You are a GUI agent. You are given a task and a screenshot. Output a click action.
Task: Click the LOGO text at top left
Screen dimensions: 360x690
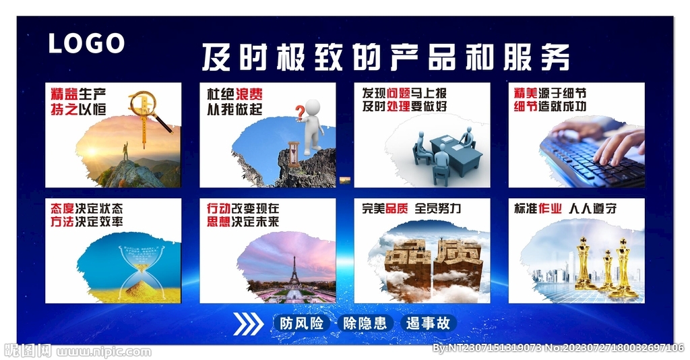click(86, 43)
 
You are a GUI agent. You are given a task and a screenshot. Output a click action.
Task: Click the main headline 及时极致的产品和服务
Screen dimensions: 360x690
click(385, 57)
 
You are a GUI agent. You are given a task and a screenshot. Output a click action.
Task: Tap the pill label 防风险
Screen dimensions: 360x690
click(301, 324)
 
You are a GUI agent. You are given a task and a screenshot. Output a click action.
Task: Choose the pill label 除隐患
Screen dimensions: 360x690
click(365, 324)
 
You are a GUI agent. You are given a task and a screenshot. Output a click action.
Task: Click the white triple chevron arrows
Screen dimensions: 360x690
click(248, 324)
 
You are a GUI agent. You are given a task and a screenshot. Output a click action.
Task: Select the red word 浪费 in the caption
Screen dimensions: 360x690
click(249, 94)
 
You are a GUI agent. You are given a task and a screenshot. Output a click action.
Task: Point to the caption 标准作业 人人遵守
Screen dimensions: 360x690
click(565, 209)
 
